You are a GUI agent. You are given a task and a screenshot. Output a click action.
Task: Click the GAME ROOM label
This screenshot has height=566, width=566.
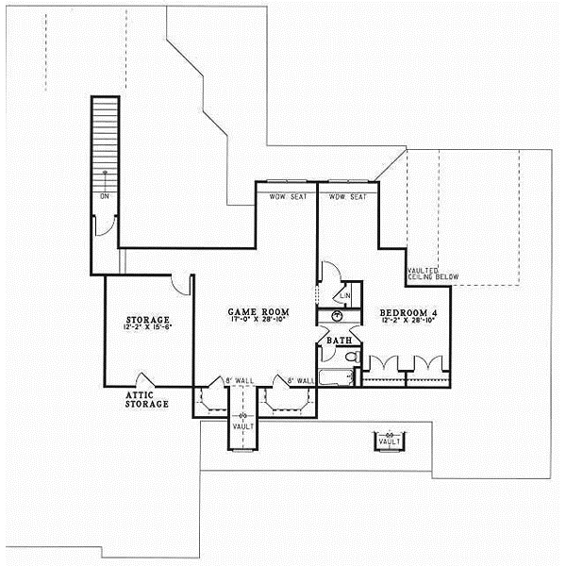[258, 310]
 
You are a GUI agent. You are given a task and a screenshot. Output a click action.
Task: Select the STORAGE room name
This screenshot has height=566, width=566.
[147, 320]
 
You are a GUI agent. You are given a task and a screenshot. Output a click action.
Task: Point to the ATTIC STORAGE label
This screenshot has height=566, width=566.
[147, 399]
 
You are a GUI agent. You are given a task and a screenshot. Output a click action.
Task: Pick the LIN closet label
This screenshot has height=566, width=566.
[345, 295]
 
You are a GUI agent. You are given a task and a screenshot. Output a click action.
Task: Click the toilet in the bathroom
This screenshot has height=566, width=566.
[350, 358]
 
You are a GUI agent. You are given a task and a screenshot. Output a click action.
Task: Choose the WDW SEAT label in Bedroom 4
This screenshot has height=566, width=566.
[346, 197]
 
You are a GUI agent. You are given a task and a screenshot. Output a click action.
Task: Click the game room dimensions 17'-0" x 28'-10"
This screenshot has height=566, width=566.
[258, 322]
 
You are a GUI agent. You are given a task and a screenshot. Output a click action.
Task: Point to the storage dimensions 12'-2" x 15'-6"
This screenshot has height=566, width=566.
[147, 330]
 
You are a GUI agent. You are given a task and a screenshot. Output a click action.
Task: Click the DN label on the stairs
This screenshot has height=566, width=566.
[104, 196]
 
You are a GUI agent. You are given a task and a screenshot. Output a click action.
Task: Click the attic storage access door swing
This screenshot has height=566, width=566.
[146, 379]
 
